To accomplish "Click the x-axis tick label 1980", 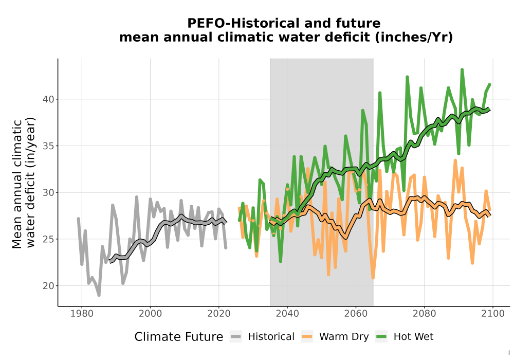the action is point(82,314).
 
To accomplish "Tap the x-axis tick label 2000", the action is point(150,314).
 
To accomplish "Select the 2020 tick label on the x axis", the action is point(218,314).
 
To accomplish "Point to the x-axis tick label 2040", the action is point(287,314).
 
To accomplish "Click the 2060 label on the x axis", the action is point(356,314).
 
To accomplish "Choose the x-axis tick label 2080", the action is point(424,314).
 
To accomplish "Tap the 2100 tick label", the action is point(493,314).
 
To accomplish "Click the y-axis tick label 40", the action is point(48,99).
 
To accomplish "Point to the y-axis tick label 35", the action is point(48,146).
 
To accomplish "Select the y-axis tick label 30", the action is point(48,192).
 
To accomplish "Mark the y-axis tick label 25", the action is point(48,239).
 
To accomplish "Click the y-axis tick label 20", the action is point(48,285).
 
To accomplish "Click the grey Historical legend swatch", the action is point(236,337).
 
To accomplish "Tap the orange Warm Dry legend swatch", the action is point(307,337).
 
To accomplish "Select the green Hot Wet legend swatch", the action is point(381,337).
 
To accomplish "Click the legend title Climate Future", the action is point(179,337).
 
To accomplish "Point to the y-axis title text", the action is point(23,184).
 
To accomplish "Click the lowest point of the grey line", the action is point(99,295).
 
